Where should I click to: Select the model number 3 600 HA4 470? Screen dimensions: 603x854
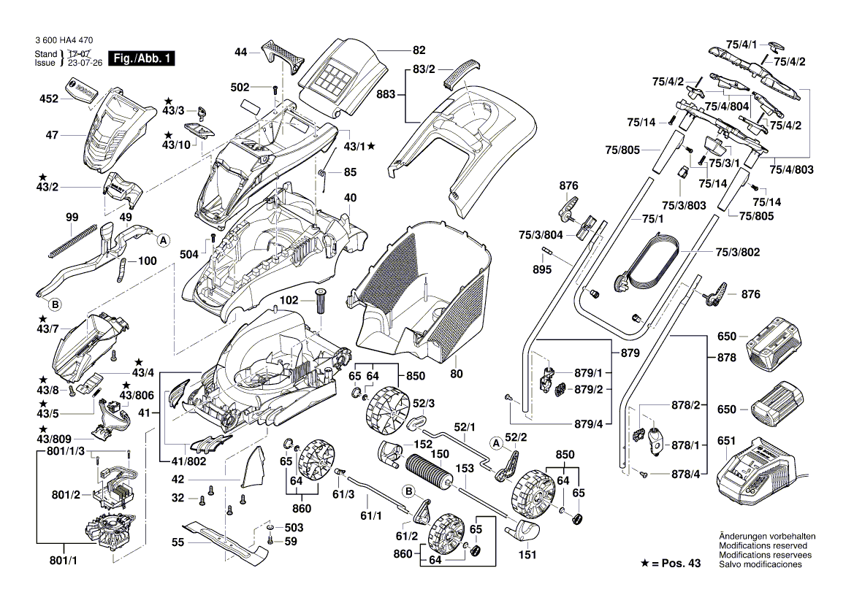63,42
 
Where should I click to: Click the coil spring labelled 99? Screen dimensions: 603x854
72,239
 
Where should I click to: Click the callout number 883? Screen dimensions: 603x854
386,93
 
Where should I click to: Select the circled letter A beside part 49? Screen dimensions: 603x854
163,239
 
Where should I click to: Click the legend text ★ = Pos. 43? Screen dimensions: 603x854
669,564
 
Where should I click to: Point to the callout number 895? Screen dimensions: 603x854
542,269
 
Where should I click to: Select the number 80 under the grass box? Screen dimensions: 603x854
457,375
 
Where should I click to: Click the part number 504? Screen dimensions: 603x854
189,253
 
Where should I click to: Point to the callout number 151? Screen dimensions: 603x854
527,555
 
